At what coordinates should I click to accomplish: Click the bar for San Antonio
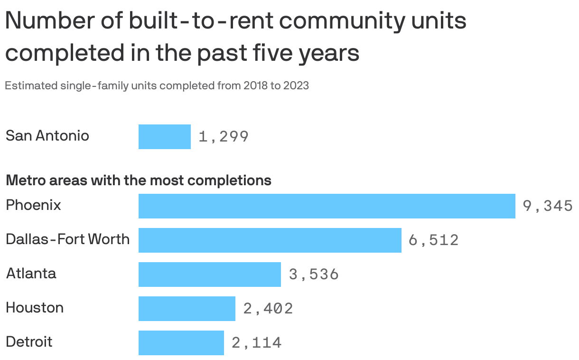(x=165, y=137)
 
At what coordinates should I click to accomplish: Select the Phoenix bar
(x=327, y=206)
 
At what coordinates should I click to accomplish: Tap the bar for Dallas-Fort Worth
(x=270, y=240)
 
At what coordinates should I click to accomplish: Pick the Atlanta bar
(x=210, y=275)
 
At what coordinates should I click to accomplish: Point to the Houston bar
(x=187, y=309)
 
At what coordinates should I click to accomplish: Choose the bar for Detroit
(x=181, y=343)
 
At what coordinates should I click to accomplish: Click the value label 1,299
(x=224, y=137)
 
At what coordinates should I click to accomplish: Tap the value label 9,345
(x=548, y=206)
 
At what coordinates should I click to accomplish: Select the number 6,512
(x=434, y=240)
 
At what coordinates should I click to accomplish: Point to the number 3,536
(x=314, y=275)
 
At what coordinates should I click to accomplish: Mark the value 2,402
(x=268, y=309)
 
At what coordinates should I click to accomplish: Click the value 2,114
(x=257, y=343)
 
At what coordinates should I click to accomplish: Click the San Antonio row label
(x=47, y=136)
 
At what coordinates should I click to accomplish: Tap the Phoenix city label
(x=34, y=205)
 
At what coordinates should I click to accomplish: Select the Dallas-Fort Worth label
(x=67, y=239)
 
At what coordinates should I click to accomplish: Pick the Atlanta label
(x=31, y=274)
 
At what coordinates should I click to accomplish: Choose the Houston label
(x=35, y=308)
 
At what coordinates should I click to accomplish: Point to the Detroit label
(x=29, y=342)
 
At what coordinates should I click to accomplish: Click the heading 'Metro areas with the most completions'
(x=139, y=180)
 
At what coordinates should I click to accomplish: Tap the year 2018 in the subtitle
(x=254, y=86)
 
